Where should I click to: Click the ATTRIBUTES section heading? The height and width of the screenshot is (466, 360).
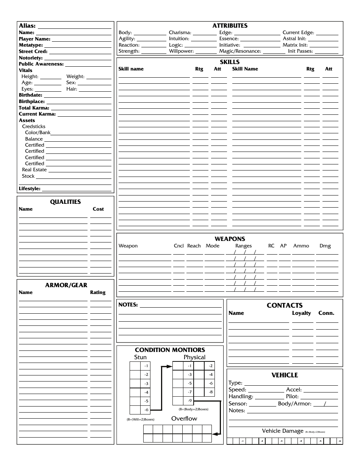[230, 26]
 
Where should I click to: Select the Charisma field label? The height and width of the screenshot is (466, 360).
[180, 33]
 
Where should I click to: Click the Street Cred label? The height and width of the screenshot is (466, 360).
[33, 52]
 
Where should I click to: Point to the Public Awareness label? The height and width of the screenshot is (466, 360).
[41, 64]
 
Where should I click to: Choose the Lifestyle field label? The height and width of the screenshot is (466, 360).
[30, 189]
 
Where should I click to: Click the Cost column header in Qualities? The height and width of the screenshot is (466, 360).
[98, 209]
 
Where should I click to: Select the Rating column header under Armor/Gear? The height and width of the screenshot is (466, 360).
[98, 292]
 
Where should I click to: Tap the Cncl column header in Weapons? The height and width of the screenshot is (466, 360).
[178, 246]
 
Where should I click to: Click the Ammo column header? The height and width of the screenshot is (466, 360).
[301, 246]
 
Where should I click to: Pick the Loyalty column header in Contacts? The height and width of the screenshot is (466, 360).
[301, 313]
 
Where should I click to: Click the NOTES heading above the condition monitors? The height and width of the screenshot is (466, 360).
[128, 305]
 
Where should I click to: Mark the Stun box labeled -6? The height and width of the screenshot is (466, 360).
[146, 410]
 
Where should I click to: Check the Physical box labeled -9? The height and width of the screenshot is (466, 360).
[189, 401]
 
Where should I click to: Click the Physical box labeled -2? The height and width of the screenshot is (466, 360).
[211, 366]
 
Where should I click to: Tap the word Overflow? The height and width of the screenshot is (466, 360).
[184, 419]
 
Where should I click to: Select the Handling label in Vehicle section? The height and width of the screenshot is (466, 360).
[241, 397]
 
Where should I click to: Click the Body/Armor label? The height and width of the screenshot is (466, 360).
[294, 404]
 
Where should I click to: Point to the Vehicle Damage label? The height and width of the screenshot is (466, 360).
[283, 431]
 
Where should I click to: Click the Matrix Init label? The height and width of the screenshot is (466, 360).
[295, 45]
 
